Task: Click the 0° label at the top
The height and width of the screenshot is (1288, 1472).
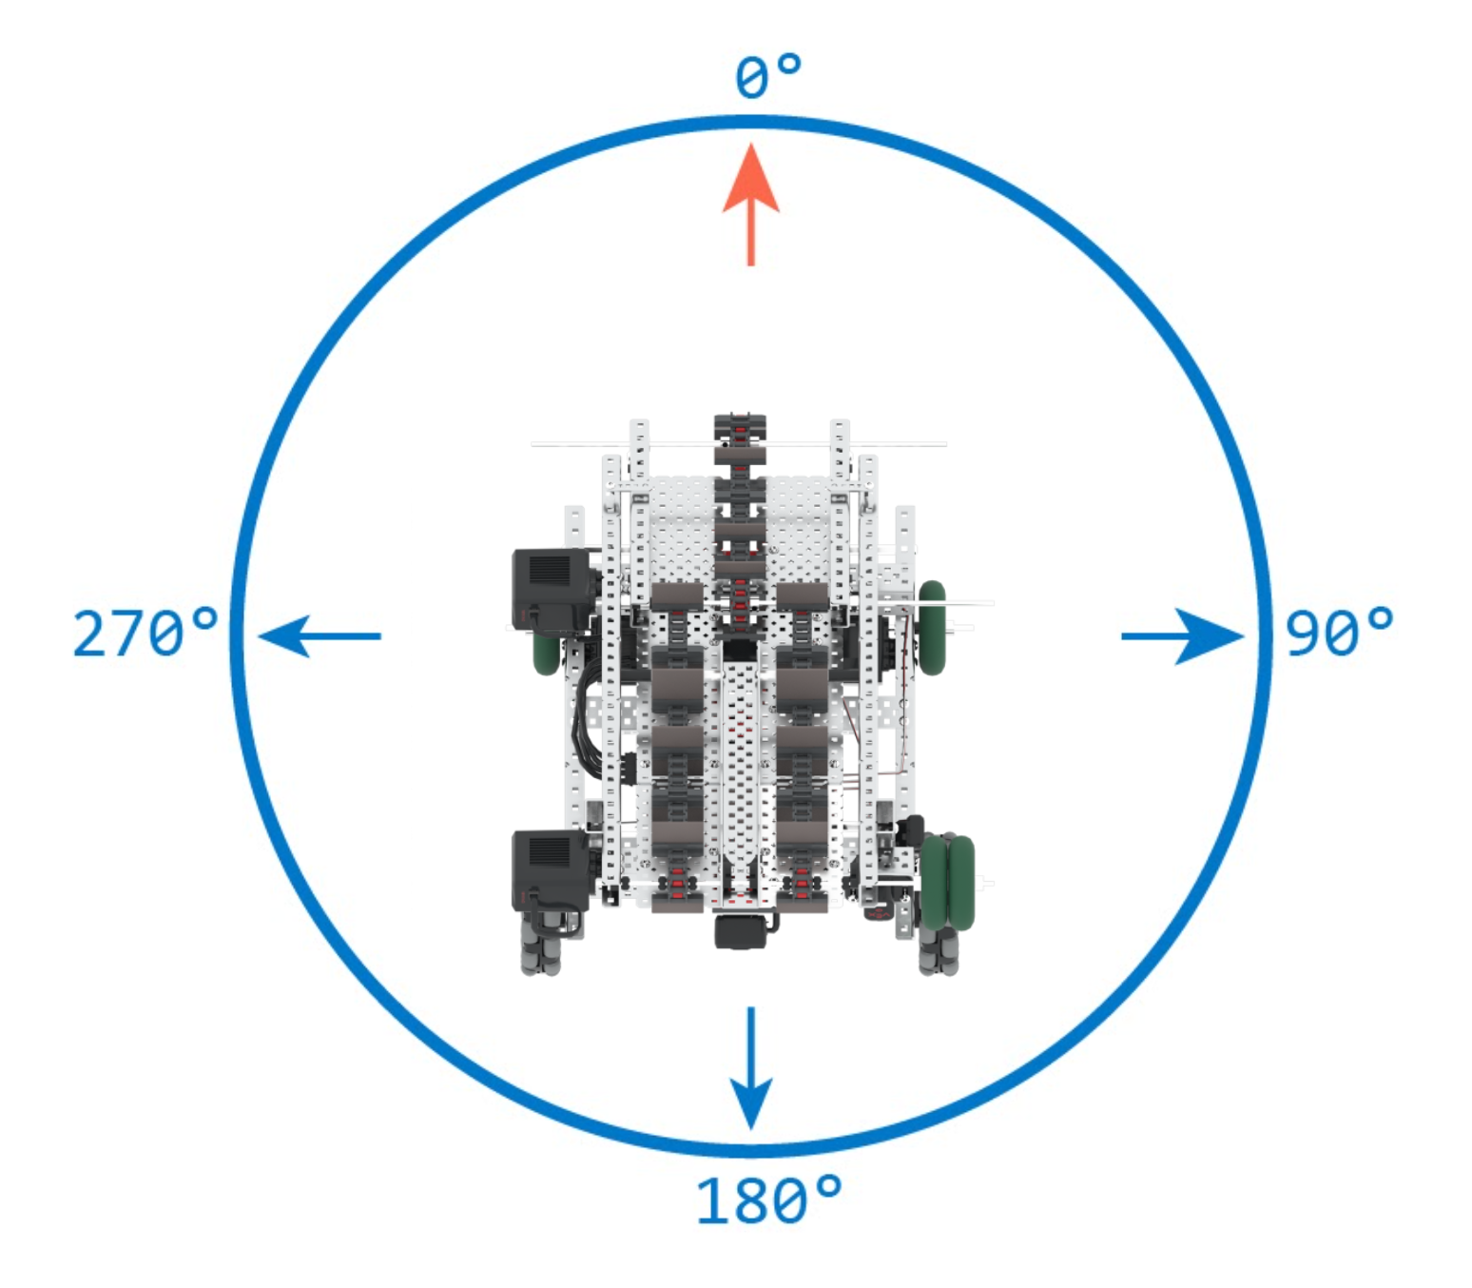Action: pyautogui.click(x=767, y=75)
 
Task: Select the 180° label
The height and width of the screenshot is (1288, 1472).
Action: pyautogui.click(x=768, y=1200)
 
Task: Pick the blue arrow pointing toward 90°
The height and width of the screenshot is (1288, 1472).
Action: pyautogui.click(x=1183, y=635)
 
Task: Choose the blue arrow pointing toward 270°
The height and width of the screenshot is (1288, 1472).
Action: pyautogui.click(x=320, y=635)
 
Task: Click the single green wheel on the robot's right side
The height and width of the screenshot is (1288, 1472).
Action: pyautogui.click(x=932, y=628)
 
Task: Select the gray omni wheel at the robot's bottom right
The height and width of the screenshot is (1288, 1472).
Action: pyautogui.click(x=939, y=952)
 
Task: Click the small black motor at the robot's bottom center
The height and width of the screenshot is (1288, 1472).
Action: pyautogui.click(x=741, y=931)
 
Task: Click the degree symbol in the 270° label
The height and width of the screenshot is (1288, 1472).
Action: pyautogui.click(x=204, y=620)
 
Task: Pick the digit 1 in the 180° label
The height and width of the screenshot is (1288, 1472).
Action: pyautogui.click(x=711, y=1200)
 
